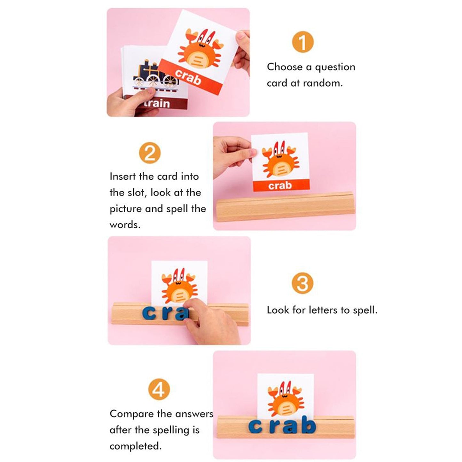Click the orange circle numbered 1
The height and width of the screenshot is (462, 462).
coord(302,42)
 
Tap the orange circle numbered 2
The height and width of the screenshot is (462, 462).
coord(150,153)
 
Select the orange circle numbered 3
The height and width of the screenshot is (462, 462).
coord(302,283)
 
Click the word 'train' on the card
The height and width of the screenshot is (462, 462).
coord(157,103)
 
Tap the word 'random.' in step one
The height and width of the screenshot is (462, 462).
coord(323,83)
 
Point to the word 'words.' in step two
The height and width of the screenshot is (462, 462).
coord(125,225)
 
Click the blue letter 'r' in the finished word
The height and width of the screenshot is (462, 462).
coord(274,427)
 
